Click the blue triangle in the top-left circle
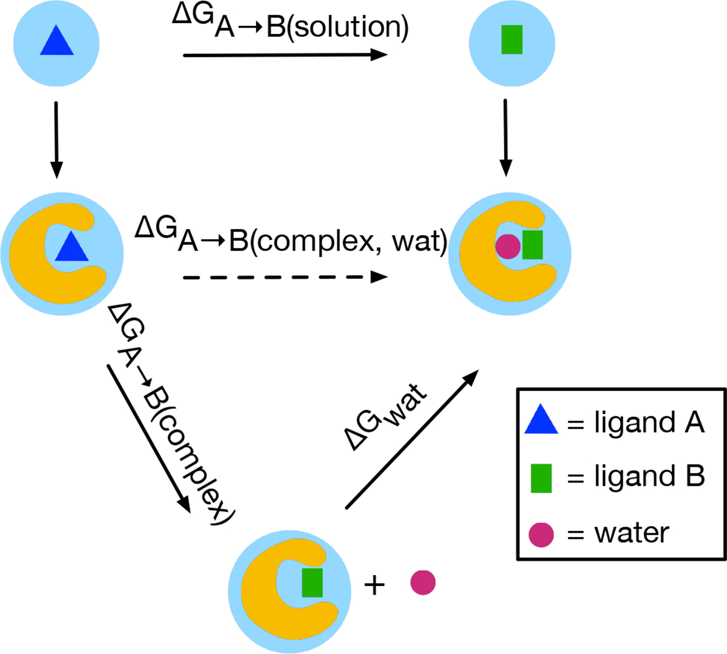coord(56,41)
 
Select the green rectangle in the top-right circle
coord(512,39)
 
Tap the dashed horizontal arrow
coord(285,277)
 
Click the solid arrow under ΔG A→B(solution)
coord(285,55)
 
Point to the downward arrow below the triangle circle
coord(56,139)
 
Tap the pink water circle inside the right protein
coord(508,247)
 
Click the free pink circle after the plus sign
coord(423,582)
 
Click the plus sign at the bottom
coord(374,586)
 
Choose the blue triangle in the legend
coord(540,421)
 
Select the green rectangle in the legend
coord(541,478)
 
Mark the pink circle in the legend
coord(541,535)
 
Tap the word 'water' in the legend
coord(632,533)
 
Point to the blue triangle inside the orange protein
coord(71,247)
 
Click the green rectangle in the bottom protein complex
coord(312,582)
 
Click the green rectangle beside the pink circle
coord(533,244)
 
